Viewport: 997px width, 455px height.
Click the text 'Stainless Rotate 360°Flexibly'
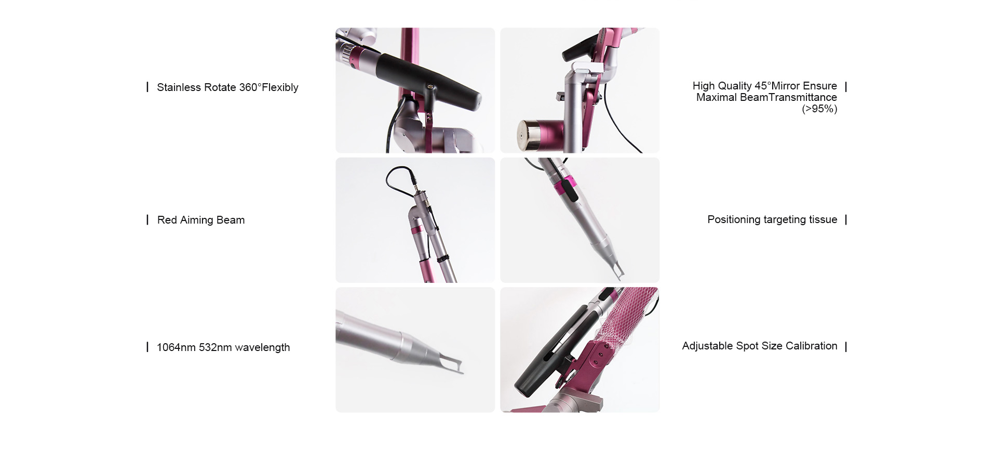(x=227, y=87)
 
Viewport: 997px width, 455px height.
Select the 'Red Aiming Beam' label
(x=200, y=220)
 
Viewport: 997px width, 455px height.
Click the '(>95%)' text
(x=819, y=109)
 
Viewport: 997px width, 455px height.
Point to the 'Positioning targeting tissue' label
(x=772, y=219)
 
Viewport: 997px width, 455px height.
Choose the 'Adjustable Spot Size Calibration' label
(x=760, y=346)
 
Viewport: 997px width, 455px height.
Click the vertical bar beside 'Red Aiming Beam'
(x=147, y=220)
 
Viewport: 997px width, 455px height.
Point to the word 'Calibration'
(x=812, y=346)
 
